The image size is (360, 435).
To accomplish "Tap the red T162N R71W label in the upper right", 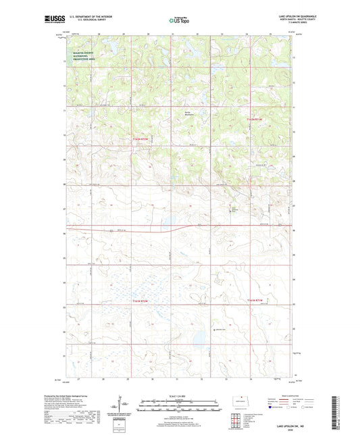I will pos(253,119).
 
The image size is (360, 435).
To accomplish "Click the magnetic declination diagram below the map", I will pos(121,405).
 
